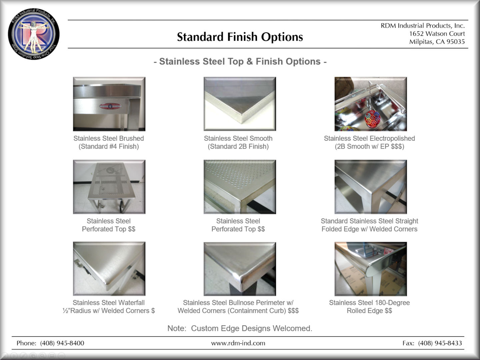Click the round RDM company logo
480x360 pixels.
click(x=34, y=34)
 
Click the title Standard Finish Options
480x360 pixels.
click(x=240, y=37)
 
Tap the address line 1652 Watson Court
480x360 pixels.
click(x=437, y=34)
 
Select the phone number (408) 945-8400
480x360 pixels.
click(x=62, y=343)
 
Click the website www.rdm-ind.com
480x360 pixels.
click(x=238, y=343)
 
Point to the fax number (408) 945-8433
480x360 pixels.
click(x=440, y=343)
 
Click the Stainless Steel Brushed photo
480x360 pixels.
click(x=109, y=104)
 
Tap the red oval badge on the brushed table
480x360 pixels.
click(x=110, y=106)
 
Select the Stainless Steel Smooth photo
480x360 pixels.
click(x=240, y=104)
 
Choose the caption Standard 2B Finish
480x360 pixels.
click(x=238, y=146)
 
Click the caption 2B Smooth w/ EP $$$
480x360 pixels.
click(x=369, y=146)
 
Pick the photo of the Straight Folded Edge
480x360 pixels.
click(x=371, y=187)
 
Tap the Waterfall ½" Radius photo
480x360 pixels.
click(x=109, y=269)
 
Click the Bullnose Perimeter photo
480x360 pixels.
click(x=240, y=269)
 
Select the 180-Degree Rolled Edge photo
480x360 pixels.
click(x=371, y=269)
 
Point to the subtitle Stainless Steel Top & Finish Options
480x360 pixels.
click(x=240, y=61)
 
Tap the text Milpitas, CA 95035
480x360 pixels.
click(x=437, y=42)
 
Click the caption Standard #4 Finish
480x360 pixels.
click(x=109, y=146)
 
